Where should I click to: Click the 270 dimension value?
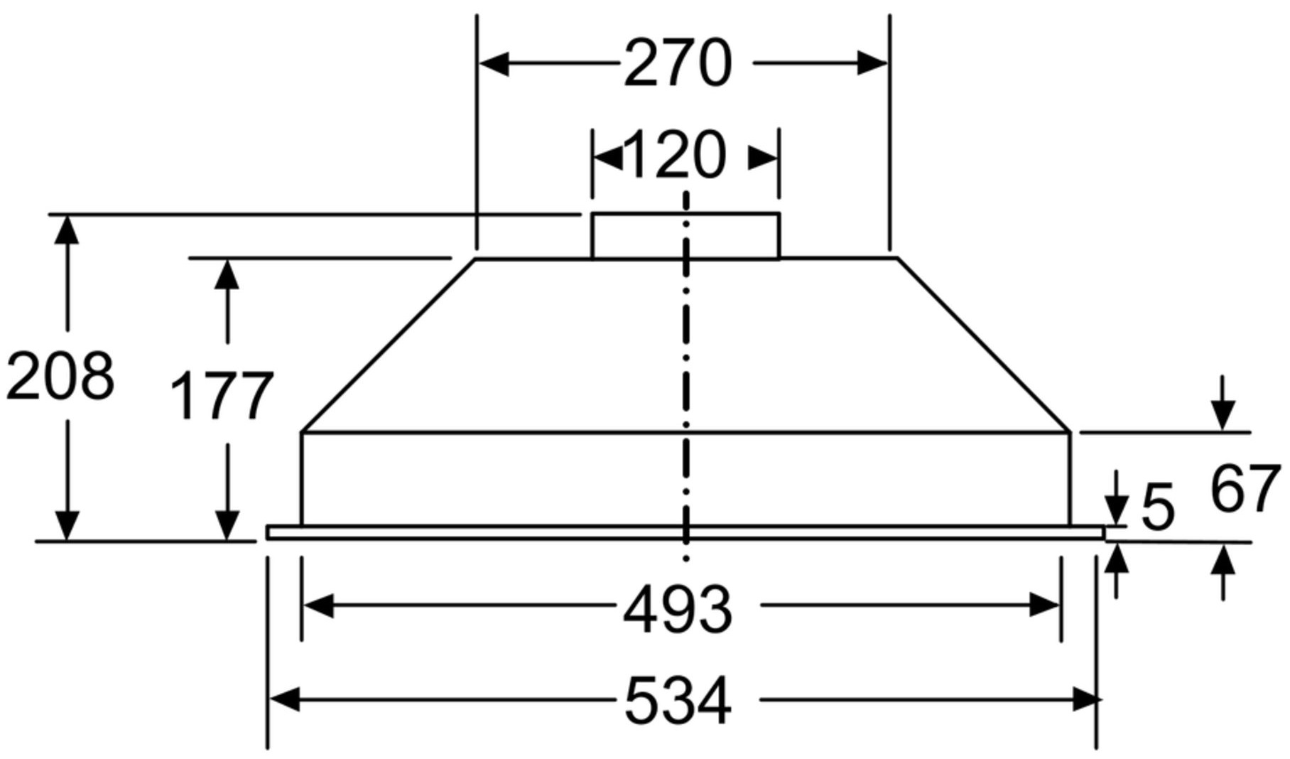(x=677, y=64)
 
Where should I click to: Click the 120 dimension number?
(x=675, y=156)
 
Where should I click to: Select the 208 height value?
(x=60, y=376)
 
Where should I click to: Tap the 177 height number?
(x=222, y=396)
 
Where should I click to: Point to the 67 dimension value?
(x=1245, y=489)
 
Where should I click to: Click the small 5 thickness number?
(x=1158, y=507)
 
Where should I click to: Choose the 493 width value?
(x=677, y=610)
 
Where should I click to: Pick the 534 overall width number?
(x=677, y=702)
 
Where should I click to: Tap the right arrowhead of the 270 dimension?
(x=872, y=63)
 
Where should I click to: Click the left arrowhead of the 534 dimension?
(x=285, y=700)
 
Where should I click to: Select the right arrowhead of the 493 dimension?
(x=1044, y=606)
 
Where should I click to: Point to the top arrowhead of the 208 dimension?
(x=67, y=230)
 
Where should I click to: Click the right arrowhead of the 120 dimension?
(x=764, y=158)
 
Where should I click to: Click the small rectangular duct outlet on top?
(x=685, y=236)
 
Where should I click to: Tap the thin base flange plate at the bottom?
(x=685, y=532)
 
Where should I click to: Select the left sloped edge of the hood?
(x=389, y=345)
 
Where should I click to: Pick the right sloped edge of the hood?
(x=984, y=345)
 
